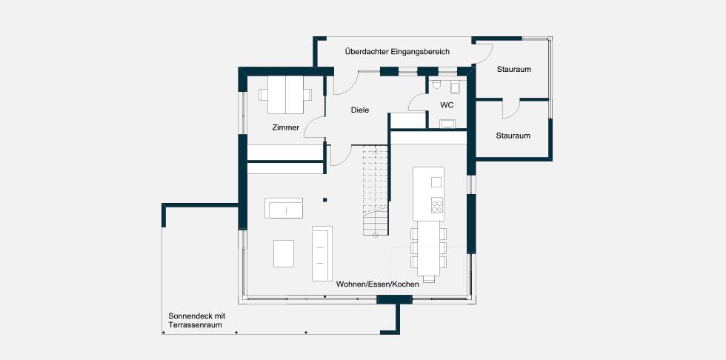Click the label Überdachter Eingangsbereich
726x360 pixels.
click(397, 52)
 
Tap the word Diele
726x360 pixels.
click(360, 110)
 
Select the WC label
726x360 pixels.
click(447, 105)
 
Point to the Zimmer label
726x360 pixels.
click(286, 127)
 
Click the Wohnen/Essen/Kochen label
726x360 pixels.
click(378, 284)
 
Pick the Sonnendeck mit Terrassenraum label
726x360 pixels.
click(196, 320)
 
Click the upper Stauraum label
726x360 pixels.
click(514, 70)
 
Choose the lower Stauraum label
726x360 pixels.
click(513, 136)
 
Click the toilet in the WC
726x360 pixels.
click(436, 84)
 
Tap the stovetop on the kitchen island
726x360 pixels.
click(436, 205)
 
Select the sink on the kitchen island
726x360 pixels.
click(436, 181)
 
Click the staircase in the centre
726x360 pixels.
click(375, 190)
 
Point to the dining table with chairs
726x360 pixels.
click(429, 252)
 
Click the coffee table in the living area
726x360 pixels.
click(283, 253)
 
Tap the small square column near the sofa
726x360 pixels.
click(325, 200)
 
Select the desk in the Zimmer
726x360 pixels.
click(285, 94)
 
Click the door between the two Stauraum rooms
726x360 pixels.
click(510, 108)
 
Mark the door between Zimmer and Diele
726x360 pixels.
click(315, 127)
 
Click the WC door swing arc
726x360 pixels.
click(416, 101)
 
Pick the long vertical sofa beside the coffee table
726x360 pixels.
click(322, 253)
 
